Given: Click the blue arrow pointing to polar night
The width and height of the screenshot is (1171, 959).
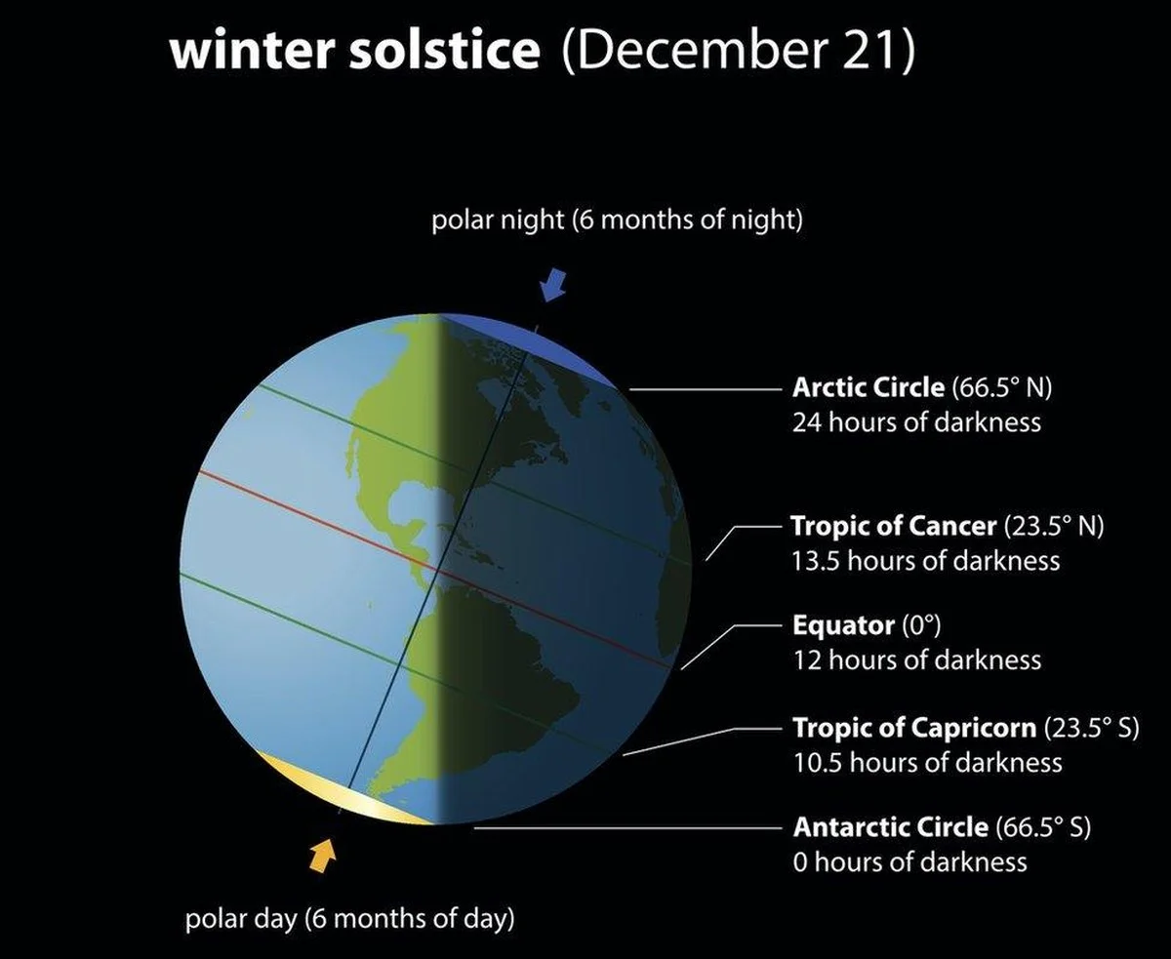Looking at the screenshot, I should click(552, 285).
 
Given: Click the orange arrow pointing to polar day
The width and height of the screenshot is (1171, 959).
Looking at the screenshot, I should click(322, 858).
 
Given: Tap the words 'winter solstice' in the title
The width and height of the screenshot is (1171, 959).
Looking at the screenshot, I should click(354, 51).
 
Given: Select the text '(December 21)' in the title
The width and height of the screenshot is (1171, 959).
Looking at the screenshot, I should click(739, 51).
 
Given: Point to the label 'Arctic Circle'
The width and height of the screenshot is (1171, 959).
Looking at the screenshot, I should click(868, 387).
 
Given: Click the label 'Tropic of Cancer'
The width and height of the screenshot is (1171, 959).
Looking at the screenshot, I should click(893, 527).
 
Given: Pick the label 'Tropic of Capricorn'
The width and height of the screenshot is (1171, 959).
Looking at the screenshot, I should click(914, 728).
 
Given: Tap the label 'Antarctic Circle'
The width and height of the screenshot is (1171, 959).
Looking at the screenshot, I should click(890, 827).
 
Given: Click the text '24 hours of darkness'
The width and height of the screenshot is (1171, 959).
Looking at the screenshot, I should click(916, 422).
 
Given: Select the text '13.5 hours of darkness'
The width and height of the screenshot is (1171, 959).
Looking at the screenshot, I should click(925, 561).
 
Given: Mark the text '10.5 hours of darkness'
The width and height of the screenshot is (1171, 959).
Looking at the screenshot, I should click(927, 762).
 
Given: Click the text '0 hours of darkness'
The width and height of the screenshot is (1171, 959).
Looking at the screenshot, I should click(909, 862).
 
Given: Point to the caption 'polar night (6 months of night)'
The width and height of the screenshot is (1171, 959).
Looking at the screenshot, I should click(617, 220).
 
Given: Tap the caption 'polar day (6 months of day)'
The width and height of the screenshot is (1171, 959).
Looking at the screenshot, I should click(350, 919).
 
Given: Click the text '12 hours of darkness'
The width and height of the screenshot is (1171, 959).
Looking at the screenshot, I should click(916, 660).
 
